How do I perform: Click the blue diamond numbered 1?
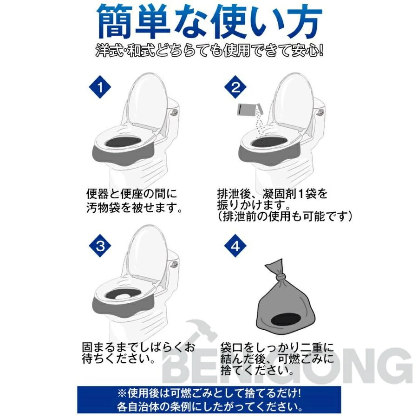point(100,87)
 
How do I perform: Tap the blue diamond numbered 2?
point(235,87)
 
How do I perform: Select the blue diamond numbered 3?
point(100,246)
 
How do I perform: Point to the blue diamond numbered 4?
point(235,246)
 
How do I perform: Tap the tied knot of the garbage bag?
point(280,279)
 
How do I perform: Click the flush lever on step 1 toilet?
point(175,111)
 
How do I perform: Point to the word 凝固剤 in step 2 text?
point(279,194)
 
